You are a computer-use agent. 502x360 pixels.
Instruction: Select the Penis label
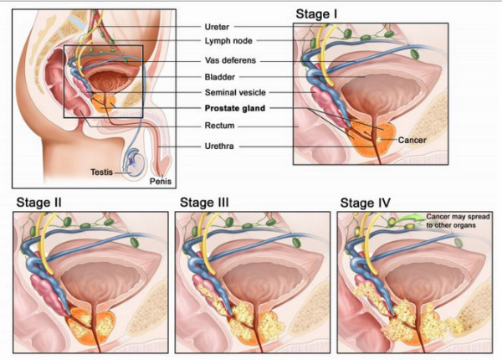[x=160, y=179]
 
